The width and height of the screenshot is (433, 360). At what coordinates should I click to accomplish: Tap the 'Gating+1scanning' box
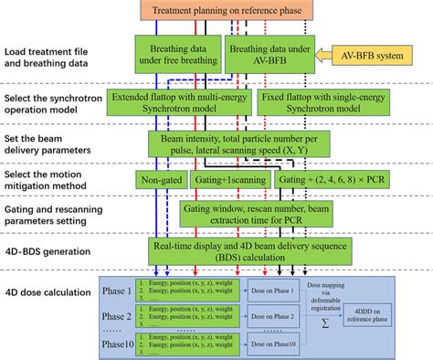click(x=219, y=180)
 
